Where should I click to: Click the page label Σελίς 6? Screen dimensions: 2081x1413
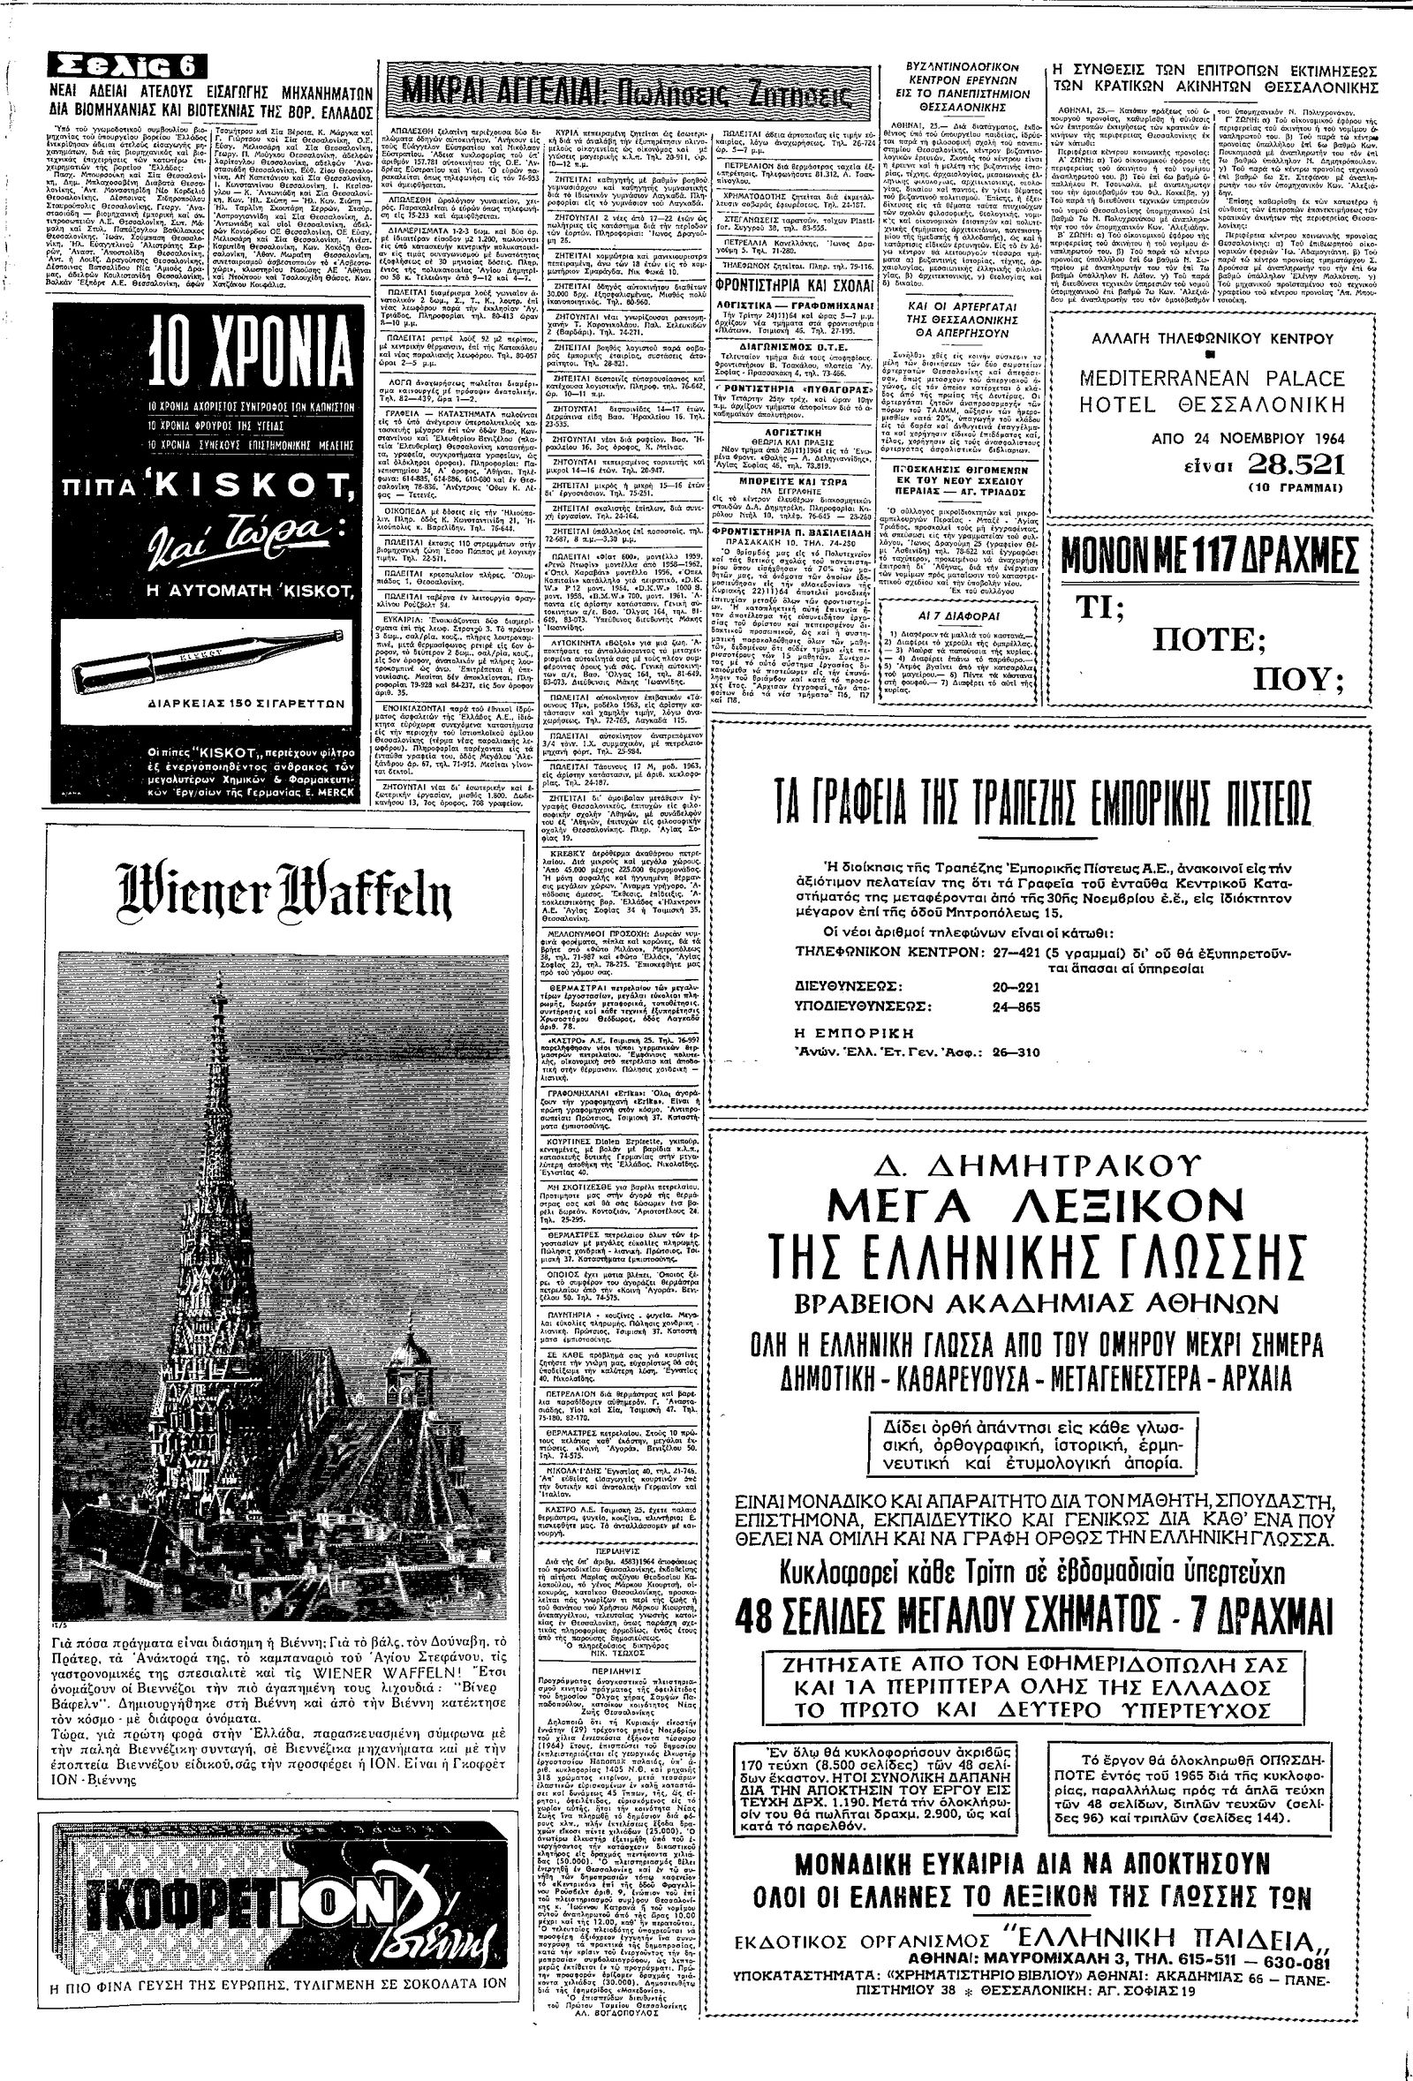tap(129, 66)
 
